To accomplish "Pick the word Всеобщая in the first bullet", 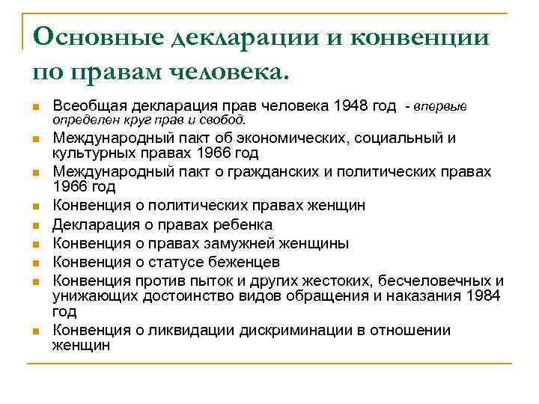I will [x=85, y=106].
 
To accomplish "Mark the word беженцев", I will [x=241, y=262].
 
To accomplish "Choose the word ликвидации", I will [x=192, y=329].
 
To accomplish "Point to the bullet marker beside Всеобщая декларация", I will [x=35, y=108].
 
